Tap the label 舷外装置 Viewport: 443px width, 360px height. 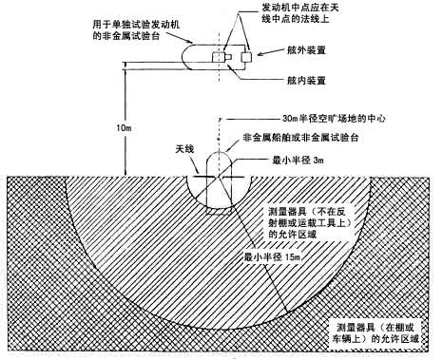tap(306, 50)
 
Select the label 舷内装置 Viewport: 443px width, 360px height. tap(306, 81)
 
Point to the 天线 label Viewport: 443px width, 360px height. tap(184, 149)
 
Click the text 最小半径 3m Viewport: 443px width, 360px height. tap(299, 160)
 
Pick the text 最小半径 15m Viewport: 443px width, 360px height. tap(272, 257)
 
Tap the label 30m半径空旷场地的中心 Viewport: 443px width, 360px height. tap(334, 119)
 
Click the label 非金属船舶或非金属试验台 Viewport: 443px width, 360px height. tap(300, 138)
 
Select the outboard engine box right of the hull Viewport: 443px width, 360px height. tap(246, 57)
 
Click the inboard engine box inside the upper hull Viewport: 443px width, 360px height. tap(218, 57)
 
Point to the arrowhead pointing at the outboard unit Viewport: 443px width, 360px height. tap(260, 54)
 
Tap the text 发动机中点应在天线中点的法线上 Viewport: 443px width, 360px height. tap(300, 12)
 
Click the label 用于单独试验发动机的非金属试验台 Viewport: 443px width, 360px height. tap(136, 29)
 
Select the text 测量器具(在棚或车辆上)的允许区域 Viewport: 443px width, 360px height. tap(376, 332)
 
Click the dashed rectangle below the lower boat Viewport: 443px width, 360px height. tap(220, 211)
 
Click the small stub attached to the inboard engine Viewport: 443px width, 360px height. tap(227, 57)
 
